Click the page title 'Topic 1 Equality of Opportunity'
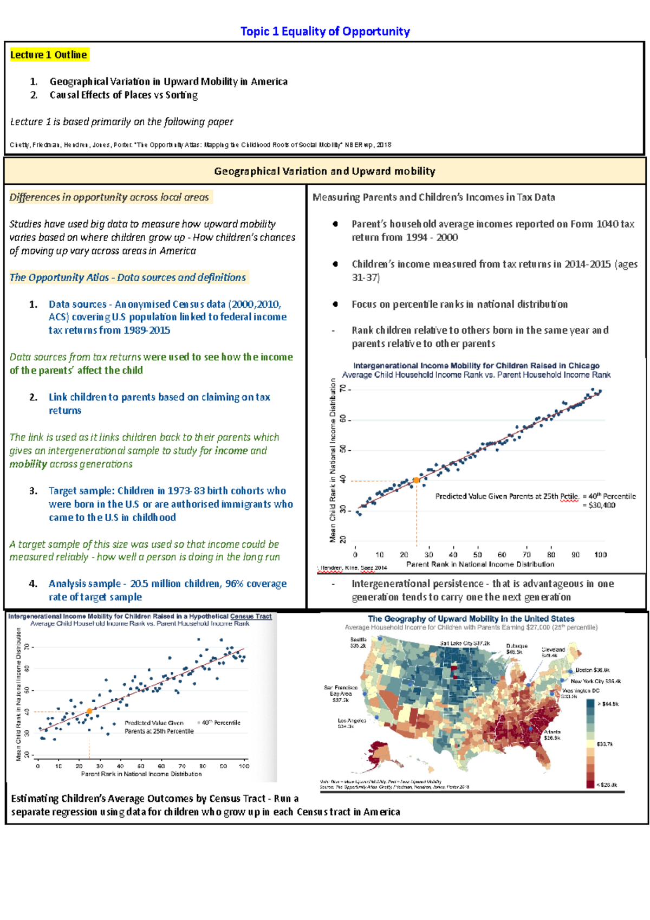coord(325,31)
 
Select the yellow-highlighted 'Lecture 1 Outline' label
coord(49,55)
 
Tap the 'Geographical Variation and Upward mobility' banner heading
coord(324,171)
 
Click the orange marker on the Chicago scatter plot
coord(417,480)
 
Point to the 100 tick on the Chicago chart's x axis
coord(600,555)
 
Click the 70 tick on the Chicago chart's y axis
coord(342,389)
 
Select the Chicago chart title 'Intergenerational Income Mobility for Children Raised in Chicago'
coord(476,366)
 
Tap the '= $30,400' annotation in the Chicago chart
coord(599,505)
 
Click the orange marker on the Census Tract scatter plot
coord(89,711)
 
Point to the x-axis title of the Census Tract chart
coord(141,774)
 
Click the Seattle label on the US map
coord(359,640)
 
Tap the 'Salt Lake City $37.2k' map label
coord(465,643)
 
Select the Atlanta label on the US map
coord(552,732)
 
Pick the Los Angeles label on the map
coord(352,721)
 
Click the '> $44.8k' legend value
coord(608,704)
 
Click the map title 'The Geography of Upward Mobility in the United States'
coord(471,619)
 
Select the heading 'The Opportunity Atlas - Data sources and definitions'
coord(128,277)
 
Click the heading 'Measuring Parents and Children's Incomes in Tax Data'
coord(434,197)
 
